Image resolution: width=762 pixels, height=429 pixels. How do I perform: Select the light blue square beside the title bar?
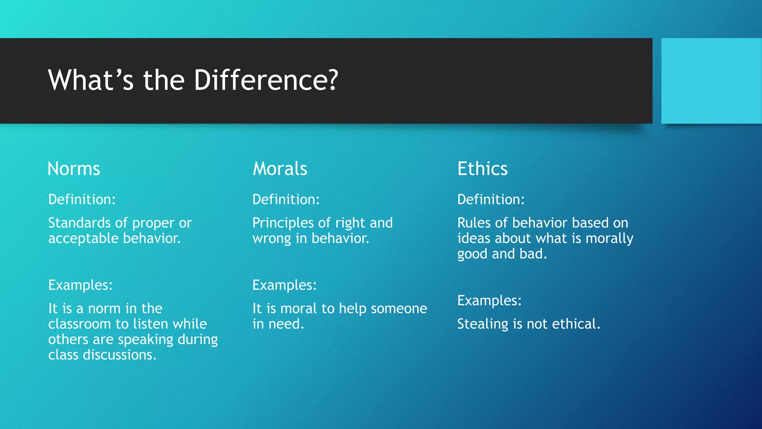(x=711, y=81)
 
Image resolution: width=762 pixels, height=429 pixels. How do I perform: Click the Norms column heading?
(x=74, y=169)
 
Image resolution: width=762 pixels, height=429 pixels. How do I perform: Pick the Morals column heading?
(x=280, y=169)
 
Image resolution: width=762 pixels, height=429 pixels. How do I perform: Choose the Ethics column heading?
(x=482, y=169)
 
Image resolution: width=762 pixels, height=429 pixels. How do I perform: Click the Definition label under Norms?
(x=82, y=200)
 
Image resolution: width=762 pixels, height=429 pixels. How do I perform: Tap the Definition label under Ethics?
(x=491, y=200)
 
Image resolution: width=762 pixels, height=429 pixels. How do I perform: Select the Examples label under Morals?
(x=284, y=285)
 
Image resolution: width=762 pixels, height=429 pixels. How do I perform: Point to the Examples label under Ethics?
(x=489, y=301)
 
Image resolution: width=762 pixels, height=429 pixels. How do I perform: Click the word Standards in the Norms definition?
(x=79, y=223)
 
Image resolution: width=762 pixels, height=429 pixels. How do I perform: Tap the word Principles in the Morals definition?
(x=283, y=223)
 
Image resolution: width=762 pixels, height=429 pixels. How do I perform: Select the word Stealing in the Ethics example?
(x=482, y=324)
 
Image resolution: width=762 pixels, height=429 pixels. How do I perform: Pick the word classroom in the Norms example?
(x=79, y=324)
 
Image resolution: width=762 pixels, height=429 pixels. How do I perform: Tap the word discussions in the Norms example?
(x=119, y=355)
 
